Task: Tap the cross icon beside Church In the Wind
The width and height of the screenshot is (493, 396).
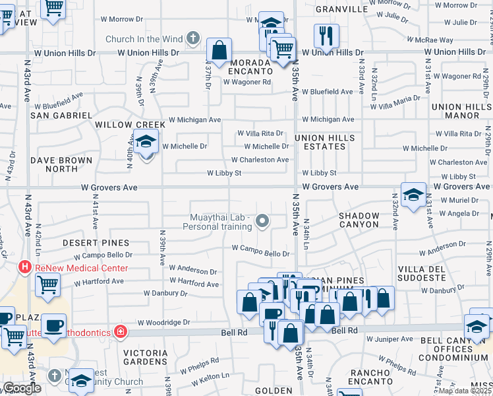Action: coord(192,38)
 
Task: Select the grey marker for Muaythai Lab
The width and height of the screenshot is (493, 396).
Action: coord(262,221)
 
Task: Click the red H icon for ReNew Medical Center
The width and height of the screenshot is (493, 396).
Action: coord(25,267)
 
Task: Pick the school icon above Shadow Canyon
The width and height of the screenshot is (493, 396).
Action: coord(413,195)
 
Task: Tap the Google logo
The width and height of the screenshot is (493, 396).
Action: coord(22,388)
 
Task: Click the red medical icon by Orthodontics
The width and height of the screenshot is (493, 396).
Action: coord(120,331)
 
